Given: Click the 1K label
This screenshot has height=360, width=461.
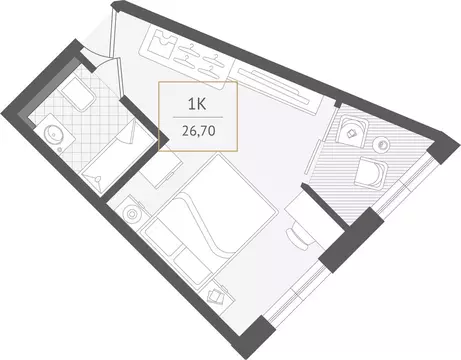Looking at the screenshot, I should coord(199,101).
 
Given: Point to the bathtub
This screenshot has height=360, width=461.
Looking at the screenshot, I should coord(120,150).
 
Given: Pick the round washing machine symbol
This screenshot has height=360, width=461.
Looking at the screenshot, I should coord(132,213).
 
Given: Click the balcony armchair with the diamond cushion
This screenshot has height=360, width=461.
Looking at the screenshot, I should coord(353,129).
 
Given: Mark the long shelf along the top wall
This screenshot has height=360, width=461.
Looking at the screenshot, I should coord(274,81).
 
